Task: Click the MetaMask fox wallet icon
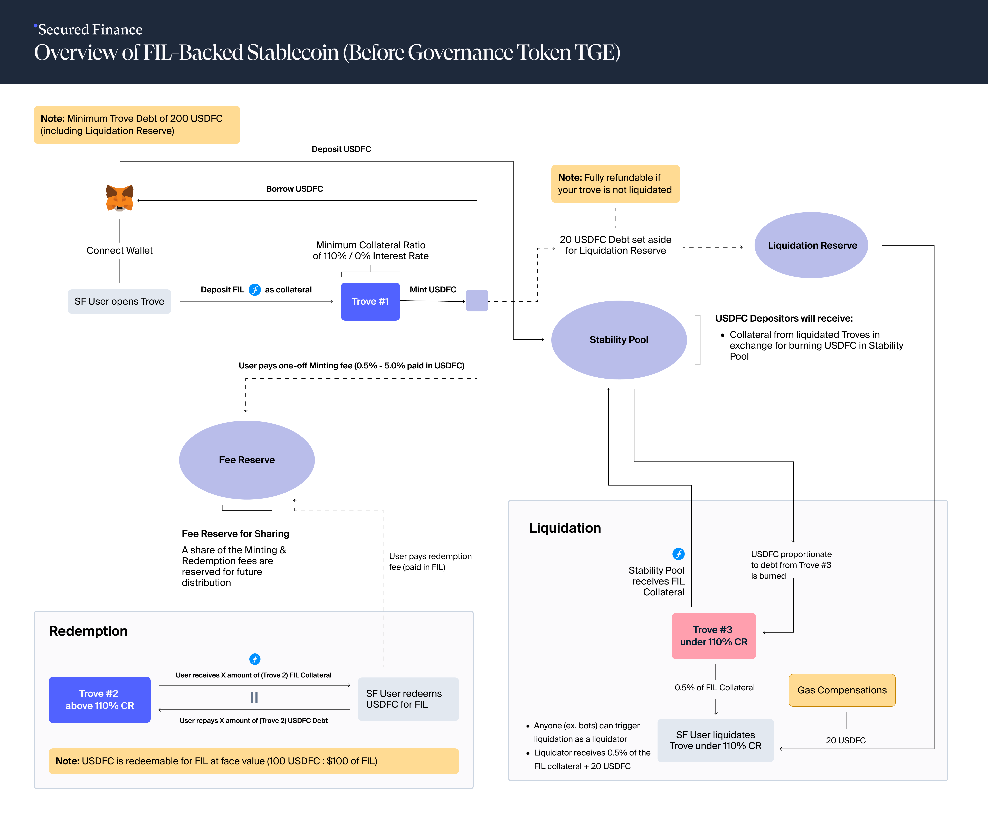119,198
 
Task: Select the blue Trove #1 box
370,301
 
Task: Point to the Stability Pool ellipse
619,340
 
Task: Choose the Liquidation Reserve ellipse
812,245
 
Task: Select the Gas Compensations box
842,690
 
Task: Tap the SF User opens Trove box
119,301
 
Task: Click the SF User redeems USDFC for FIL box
408,699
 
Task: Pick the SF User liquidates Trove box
715,740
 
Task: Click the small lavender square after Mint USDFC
477,301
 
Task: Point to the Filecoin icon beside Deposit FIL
254,290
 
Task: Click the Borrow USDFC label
294,189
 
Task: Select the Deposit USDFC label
341,149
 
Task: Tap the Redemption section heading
88,631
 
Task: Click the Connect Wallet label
119,250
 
